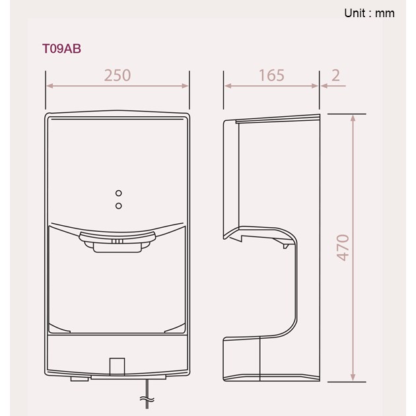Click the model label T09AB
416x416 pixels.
click(x=61, y=49)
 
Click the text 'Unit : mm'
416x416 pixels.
click(x=369, y=13)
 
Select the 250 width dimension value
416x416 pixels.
click(x=118, y=75)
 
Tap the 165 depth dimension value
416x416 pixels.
click(x=271, y=75)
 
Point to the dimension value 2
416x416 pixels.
click(x=336, y=75)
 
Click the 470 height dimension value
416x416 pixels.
click(x=343, y=247)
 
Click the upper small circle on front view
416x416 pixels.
click(x=118, y=193)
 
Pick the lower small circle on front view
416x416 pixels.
click(x=118, y=206)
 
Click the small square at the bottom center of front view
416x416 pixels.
click(x=117, y=366)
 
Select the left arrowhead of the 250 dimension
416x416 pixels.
click(x=49, y=86)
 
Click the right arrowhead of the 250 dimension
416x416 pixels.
click(x=186, y=86)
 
